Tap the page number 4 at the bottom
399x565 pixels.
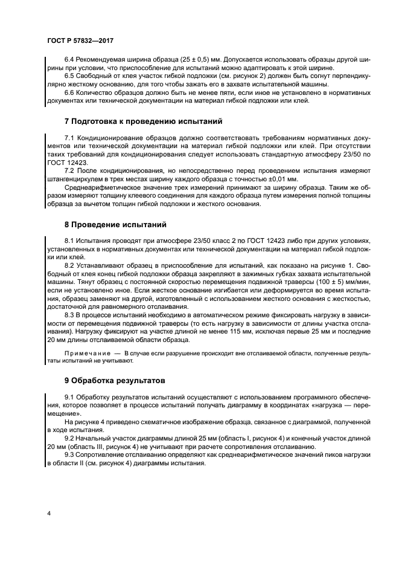click(48, 512)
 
